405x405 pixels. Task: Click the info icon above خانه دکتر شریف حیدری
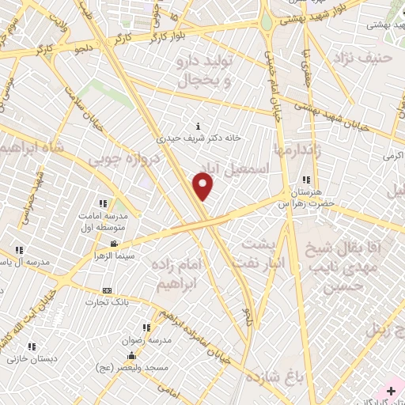coord(198,125)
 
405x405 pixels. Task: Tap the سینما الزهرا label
coord(112,255)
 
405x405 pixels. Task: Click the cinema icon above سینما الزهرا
coord(115,244)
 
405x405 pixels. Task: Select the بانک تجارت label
coord(110,301)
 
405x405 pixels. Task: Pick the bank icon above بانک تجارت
coord(108,290)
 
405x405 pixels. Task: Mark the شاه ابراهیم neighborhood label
coord(33,148)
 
